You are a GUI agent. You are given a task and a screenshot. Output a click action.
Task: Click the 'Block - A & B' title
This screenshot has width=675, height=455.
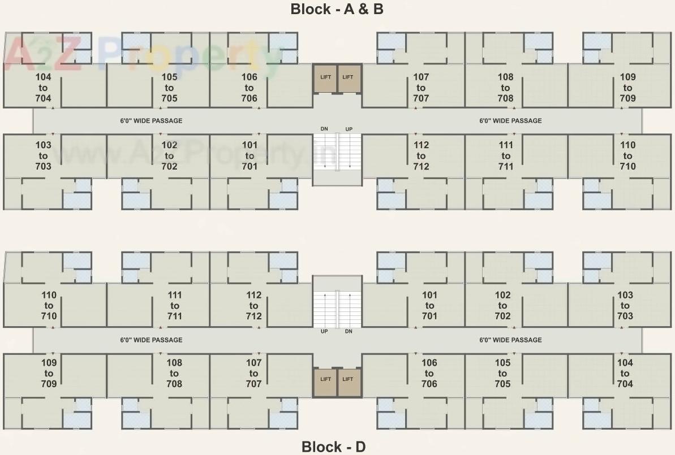click(x=337, y=9)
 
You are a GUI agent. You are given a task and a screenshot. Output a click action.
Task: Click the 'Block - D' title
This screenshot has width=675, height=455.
click(x=334, y=447)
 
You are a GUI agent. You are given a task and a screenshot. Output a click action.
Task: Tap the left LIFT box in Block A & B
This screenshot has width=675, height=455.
click(x=325, y=78)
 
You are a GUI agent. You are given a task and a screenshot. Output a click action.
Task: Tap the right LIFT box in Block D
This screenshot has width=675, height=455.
click(x=348, y=379)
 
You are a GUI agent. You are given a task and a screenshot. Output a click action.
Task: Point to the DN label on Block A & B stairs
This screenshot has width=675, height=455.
click(x=324, y=129)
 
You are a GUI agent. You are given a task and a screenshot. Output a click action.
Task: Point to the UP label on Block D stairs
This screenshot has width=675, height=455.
click(x=324, y=331)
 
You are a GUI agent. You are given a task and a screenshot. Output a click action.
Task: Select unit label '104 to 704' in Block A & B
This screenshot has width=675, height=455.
click(x=43, y=88)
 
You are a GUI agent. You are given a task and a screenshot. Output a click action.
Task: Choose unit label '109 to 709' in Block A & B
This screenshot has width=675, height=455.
click(x=627, y=88)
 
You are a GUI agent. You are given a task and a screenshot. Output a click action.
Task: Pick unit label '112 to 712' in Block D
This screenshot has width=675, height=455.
click(x=254, y=306)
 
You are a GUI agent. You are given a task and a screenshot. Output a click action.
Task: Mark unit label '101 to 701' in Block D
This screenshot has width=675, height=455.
click(x=429, y=306)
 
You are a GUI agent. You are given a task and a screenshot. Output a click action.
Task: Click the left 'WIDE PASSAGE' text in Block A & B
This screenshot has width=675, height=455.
click(x=151, y=120)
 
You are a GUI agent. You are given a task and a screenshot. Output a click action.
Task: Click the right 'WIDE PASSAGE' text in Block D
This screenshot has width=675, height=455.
click(x=510, y=340)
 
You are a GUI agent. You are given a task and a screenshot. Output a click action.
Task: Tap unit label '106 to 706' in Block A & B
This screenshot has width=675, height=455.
click(x=249, y=88)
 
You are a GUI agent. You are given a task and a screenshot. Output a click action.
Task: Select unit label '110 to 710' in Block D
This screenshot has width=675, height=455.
click(x=49, y=306)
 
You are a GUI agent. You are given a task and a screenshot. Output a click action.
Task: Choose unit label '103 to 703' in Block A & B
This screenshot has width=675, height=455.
click(x=43, y=155)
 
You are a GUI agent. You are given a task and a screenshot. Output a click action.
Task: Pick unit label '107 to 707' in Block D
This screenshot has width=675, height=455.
click(x=254, y=374)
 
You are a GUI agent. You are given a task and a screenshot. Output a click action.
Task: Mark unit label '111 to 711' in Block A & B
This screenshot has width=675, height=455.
click(x=506, y=155)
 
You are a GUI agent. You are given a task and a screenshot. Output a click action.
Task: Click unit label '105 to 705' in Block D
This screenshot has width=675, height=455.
click(x=502, y=374)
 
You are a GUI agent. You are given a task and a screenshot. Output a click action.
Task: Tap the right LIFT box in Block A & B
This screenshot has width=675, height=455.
click(x=348, y=78)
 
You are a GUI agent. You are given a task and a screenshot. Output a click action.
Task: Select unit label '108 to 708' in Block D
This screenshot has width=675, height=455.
click(x=174, y=374)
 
